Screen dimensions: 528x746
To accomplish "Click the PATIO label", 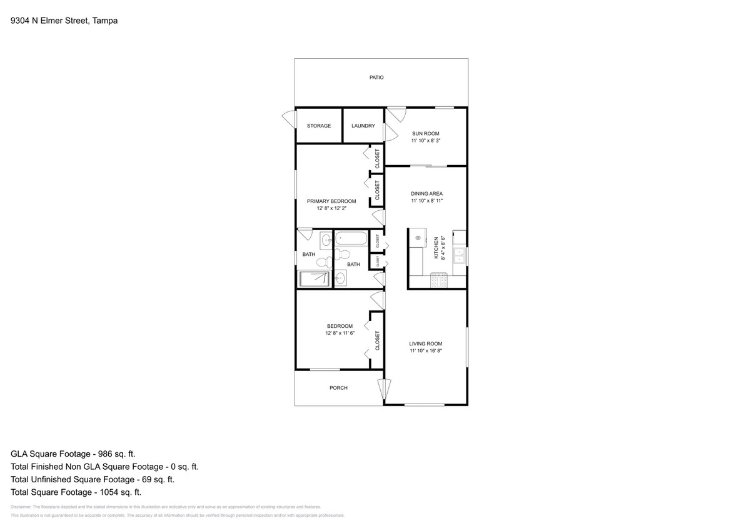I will pyautogui.click(x=376, y=78).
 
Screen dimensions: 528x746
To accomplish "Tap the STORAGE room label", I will pyautogui.click(x=318, y=126).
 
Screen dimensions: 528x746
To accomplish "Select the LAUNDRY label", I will pyautogui.click(x=363, y=126).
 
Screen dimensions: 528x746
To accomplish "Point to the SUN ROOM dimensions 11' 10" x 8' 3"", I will pyautogui.click(x=425, y=141).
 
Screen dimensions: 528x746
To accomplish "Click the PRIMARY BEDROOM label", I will pyautogui.click(x=331, y=201).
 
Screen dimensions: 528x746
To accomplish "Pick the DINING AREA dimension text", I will pyautogui.click(x=426, y=201).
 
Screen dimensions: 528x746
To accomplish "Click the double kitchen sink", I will pyautogui.click(x=460, y=256).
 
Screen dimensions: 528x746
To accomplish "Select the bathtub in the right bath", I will pyautogui.click(x=352, y=238).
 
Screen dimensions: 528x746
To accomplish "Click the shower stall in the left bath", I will pyautogui.click(x=313, y=279).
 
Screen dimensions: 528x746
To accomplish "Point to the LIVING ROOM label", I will pyautogui.click(x=425, y=343).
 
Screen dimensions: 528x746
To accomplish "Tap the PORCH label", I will pyautogui.click(x=338, y=388).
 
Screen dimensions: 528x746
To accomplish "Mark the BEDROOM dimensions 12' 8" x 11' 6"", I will pyautogui.click(x=340, y=333).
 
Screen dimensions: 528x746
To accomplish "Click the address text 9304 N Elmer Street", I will pyautogui.click(x=50, y=21).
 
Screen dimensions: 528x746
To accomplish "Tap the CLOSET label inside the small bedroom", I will pyautogui.click(x=377, y=340).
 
